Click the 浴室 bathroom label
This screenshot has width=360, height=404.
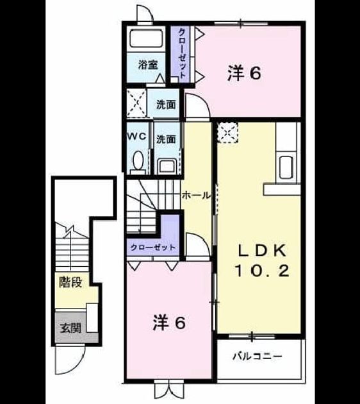pos(148,65)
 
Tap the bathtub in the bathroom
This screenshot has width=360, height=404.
pos(147,38)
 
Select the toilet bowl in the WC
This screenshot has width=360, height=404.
pos(138,161)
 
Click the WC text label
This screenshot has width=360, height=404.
pos(137,137)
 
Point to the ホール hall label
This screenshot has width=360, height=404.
pos(196,196)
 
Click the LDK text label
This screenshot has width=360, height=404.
pos(262,251)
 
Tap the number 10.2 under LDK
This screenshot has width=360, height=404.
pos(262,271)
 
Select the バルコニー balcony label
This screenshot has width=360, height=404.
pos(258,357)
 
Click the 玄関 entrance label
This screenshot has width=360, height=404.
pos(70,328)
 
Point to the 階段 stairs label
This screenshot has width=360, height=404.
pos(70,282)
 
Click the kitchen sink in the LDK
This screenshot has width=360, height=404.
pos(286,167)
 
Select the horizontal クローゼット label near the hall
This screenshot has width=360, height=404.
pos(153,248)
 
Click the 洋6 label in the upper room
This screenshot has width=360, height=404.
pos(244,73)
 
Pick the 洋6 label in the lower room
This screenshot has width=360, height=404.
pos(169,323)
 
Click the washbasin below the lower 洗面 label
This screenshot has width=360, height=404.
pos(167,165)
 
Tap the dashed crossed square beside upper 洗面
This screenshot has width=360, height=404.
pos(136,103)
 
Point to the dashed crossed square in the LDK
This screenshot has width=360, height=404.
pos(227,133)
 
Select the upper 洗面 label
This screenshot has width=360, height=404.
pos(167,105)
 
